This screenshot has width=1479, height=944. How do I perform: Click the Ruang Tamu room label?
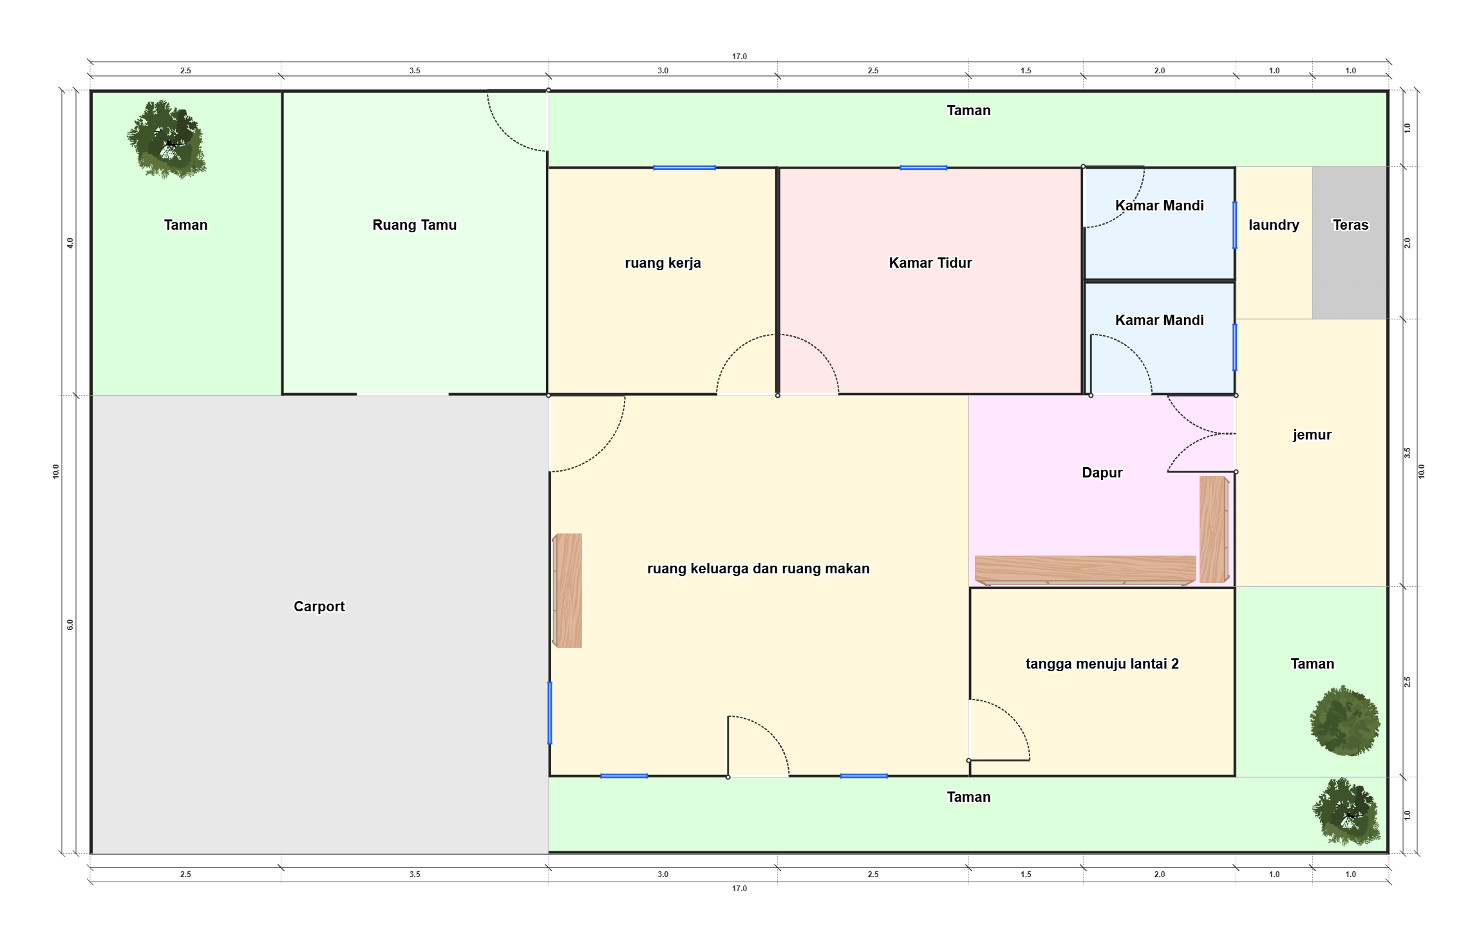click(414, 225)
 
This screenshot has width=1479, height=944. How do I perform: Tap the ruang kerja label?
click(663, 263)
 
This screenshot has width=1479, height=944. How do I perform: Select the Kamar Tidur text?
click(930, 263)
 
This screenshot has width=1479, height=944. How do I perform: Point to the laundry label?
click(1274, 225)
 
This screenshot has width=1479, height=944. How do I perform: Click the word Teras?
click(1350, 225)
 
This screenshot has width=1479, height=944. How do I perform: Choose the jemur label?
click(1312, 435)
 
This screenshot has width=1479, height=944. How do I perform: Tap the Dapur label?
click(1102, 472)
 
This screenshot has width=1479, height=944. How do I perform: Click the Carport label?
click(319, 606)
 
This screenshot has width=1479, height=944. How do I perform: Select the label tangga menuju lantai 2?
click(1102, 663)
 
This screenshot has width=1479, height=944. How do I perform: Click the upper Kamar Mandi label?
click(1159, 205)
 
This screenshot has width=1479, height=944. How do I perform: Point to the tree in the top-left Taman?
click(167, 139)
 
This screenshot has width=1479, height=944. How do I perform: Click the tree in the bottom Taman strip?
click(1346, 812)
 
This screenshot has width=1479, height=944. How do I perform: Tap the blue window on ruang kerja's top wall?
click(684, 168)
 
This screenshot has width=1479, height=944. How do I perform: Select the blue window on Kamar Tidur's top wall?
click(923, 168)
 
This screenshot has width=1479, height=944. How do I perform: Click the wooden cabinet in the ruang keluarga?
click(567, 591)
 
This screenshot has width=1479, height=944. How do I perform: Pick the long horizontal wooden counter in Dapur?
click(1085, 570)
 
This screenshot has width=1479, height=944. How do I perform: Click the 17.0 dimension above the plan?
click(739, 57)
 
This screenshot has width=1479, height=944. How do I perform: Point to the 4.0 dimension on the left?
click(70, 243)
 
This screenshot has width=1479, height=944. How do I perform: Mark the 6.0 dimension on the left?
click(70, 624)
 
